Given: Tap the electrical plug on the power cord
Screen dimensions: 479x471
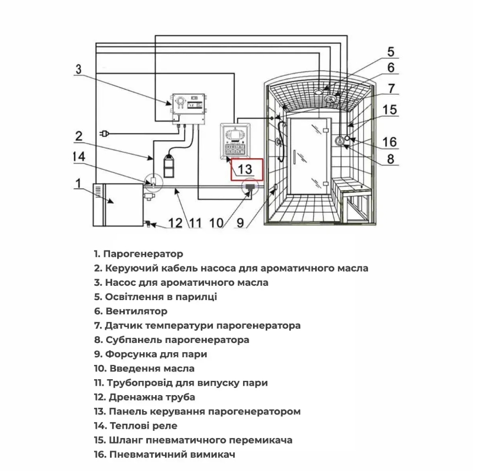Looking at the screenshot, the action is click(104, 134).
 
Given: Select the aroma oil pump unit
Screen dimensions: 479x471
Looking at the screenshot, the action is click(189, 109).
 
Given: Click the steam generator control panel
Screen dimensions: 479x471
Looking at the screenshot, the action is click(235, 141).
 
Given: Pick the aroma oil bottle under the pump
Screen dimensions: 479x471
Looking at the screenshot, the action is click(169, 166).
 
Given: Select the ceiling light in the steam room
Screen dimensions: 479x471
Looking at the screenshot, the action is click(318, 92).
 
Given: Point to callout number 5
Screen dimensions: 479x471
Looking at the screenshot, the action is click(390, 52).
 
